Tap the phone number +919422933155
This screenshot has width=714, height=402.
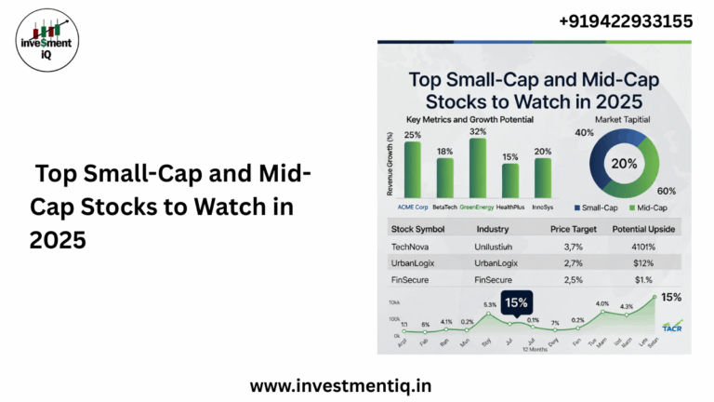[625, 21]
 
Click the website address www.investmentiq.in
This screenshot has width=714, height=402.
[341, 383]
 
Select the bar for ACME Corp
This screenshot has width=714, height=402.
[412, 169]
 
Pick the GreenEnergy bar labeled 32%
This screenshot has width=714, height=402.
[478, 167]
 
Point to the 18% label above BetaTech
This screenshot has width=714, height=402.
[444, 151]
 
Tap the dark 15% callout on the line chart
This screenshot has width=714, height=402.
[517, 301]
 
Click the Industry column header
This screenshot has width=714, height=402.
[492, 229]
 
